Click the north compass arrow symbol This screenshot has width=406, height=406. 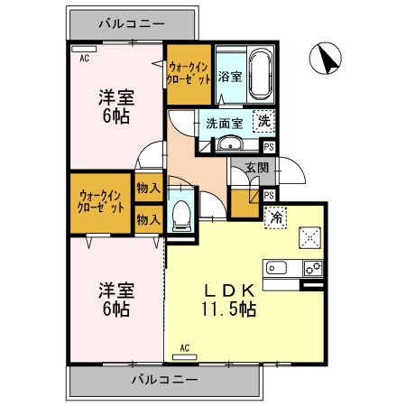click(324, 60)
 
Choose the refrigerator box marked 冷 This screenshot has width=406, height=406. click(274, 217)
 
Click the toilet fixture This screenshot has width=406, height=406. click(180, 213)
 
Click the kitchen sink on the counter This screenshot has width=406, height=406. click(275, 267)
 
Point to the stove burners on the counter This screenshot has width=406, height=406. click(312, 267)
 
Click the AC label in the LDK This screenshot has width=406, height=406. click(185, 346)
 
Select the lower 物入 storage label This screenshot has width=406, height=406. click(148, 218)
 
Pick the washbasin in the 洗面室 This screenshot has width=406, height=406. click(231, 143)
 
